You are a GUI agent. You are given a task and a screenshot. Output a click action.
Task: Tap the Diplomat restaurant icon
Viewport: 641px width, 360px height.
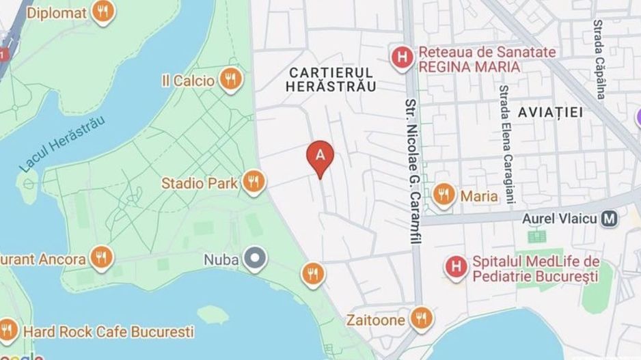pos(103,12)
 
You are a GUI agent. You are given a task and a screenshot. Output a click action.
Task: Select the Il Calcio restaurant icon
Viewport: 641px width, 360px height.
pos(231,80)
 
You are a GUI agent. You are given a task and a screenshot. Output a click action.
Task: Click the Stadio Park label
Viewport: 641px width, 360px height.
pos(199,183)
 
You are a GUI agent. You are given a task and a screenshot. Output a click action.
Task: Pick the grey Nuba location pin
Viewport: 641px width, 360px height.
pos(256,259)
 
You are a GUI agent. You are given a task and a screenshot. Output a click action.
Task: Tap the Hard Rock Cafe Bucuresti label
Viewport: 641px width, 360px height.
pos(109,332)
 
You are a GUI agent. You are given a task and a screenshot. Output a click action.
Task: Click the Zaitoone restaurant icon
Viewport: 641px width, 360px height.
pos(421,318)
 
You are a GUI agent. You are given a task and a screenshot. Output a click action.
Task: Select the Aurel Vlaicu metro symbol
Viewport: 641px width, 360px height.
pos(608,219)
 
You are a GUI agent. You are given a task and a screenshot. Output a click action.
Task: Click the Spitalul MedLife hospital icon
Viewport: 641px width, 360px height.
pos(454,266)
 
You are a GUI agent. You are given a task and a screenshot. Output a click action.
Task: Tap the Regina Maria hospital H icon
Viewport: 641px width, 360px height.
pos(402,58)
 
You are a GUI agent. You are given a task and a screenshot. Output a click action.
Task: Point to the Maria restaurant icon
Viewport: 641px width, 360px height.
pos(444,195)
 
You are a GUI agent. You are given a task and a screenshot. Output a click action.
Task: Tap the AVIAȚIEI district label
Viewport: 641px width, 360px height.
pos(551,112)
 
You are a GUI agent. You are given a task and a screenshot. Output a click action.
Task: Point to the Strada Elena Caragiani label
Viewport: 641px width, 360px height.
pos(506,145)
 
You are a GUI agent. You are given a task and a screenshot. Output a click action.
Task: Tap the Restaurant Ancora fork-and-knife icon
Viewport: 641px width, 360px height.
pos(102,258)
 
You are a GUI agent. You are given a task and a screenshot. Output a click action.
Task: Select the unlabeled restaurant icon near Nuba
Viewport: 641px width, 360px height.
pos(312,274)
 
